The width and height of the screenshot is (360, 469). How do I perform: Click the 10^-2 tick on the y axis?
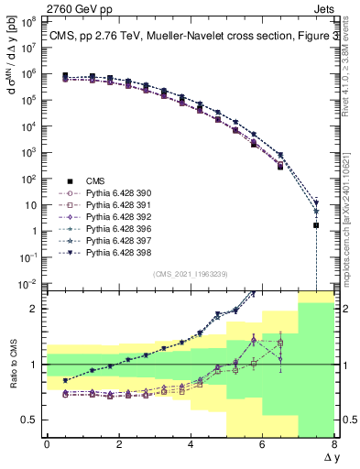pyautogui.click(x=29, y=285)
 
